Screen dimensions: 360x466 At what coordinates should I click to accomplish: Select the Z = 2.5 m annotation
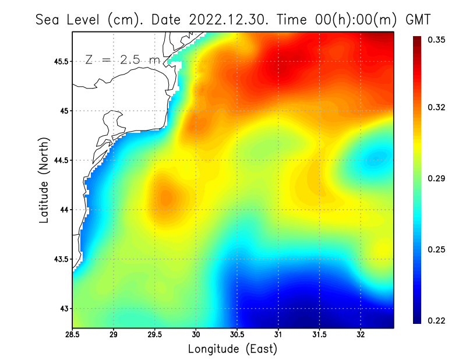tap(122, 59)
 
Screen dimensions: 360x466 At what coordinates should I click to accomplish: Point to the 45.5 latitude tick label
tap(59, 61)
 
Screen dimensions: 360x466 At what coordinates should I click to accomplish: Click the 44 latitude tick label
tap(63, 210)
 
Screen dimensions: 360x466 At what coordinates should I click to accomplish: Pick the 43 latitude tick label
tap(63, 308)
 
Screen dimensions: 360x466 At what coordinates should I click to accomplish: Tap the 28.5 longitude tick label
tap(73, 335)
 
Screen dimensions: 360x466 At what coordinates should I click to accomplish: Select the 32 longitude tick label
tap(361, 335)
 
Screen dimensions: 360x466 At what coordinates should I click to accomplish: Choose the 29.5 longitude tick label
tap(154, 335)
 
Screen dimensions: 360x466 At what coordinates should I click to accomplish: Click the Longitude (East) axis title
tap(232, 349)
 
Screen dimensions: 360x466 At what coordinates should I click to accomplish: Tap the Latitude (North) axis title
tap(44, 180)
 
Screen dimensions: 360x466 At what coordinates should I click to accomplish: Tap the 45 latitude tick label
tap(63, 111)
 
